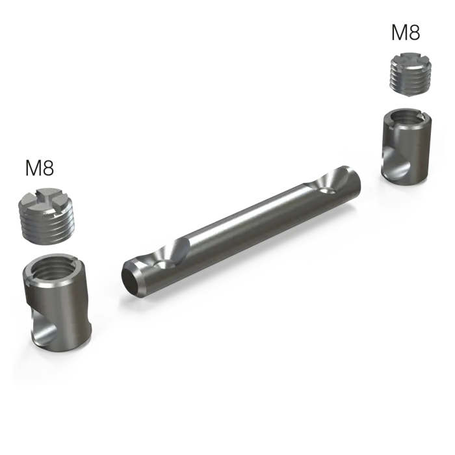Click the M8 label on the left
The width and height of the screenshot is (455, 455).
pos(40,168)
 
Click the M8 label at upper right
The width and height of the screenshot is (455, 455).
pos(406,32)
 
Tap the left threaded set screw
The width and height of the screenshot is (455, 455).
pos(44,216)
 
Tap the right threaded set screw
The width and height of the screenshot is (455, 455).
pos(409,74)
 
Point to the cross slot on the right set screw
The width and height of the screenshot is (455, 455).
pos(409,59)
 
